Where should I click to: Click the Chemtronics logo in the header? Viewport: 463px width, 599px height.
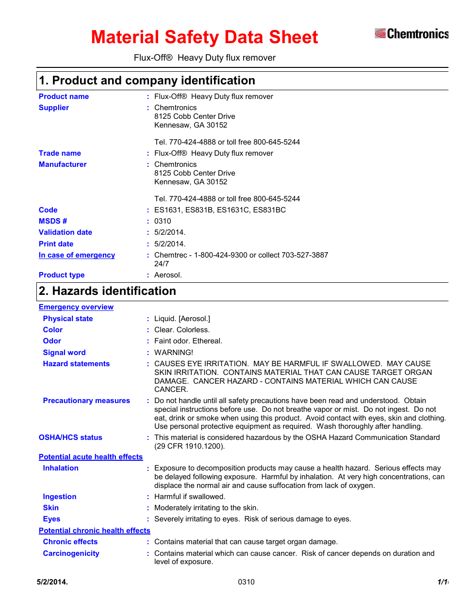click(x=411, y=33)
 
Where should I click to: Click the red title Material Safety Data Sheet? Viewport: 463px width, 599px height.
click(x=204, y=37)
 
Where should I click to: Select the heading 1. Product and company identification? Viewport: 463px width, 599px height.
click(x=147, y=81)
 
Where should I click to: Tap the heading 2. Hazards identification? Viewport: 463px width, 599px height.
click(x=107, y=291)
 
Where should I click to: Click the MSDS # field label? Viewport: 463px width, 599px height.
click(x=53, y=221)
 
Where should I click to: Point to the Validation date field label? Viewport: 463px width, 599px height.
click(x=66, y=232)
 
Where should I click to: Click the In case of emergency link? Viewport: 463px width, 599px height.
click(x=77, y=255)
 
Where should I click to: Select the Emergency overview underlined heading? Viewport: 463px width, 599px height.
click(x=76, y=307)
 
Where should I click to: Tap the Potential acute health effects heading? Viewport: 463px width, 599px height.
click(x=91, y=457)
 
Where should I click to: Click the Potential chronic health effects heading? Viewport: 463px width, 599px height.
click(x=95, y=531)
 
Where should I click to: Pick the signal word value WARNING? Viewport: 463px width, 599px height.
click(x=174, y=353)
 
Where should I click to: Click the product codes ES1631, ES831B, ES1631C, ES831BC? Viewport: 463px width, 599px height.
click(x=220, y=210)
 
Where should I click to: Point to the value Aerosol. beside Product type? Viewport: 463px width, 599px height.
click(x=168, y=275)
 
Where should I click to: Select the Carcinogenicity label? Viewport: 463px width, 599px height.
click(x=71, y=553)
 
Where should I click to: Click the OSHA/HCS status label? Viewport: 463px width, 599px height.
click(x=70, y=437)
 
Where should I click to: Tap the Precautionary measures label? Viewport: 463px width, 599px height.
click(x=86, y=401)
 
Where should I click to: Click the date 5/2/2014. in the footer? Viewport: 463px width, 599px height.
click(x=52, y=582)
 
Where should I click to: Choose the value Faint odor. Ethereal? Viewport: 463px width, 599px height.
click(x=188, y=341)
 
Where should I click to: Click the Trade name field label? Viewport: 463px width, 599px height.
click(x=60, y=153)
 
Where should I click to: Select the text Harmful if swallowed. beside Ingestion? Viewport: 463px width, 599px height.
click(x=190, y=497)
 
